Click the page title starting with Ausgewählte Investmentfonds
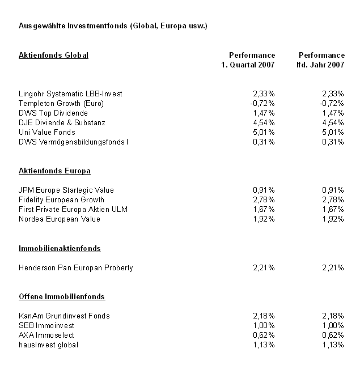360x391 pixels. click(x=113, y=26)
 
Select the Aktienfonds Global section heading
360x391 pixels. click(x=53, y=55)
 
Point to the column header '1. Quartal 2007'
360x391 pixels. click(x=248, y=65)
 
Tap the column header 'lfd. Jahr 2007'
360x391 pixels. click(x=321, y=65)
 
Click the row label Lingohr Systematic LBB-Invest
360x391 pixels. click(x=70, y=93)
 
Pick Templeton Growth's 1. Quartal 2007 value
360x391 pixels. click(x=263, y=103)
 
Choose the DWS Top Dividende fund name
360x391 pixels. click(x=53, y=113)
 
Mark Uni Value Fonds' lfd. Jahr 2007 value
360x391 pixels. click(x=332, y=132)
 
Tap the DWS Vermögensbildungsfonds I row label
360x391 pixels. click(x=74, y=142)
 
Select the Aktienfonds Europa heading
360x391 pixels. click(x=54, y=171)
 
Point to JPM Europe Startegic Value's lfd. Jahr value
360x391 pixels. click(x=332, y=190)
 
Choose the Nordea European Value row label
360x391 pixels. click(x=60, y=219)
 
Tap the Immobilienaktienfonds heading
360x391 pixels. click(x=60, y=248)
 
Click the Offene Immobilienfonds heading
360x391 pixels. click(x=62, y=296)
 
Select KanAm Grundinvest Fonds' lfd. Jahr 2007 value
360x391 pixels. click(x=332, y=316)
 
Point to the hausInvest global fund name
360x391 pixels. click(x=48, y=345)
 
